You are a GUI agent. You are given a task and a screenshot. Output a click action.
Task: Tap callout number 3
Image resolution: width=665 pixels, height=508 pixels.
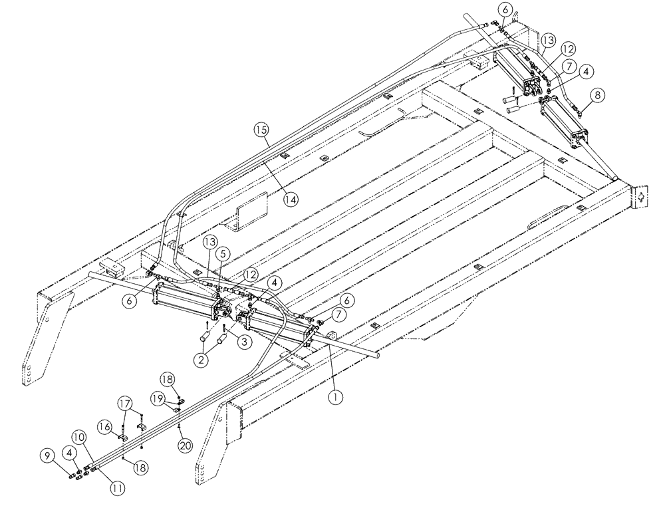pyautogui.click(x=245, y=342)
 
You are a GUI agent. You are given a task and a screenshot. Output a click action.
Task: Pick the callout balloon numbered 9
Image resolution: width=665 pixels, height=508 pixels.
pyautogui.click(x=47, y=456)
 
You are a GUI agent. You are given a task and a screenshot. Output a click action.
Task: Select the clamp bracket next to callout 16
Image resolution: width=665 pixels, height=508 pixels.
pyautogui.click(x=124, y=439)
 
